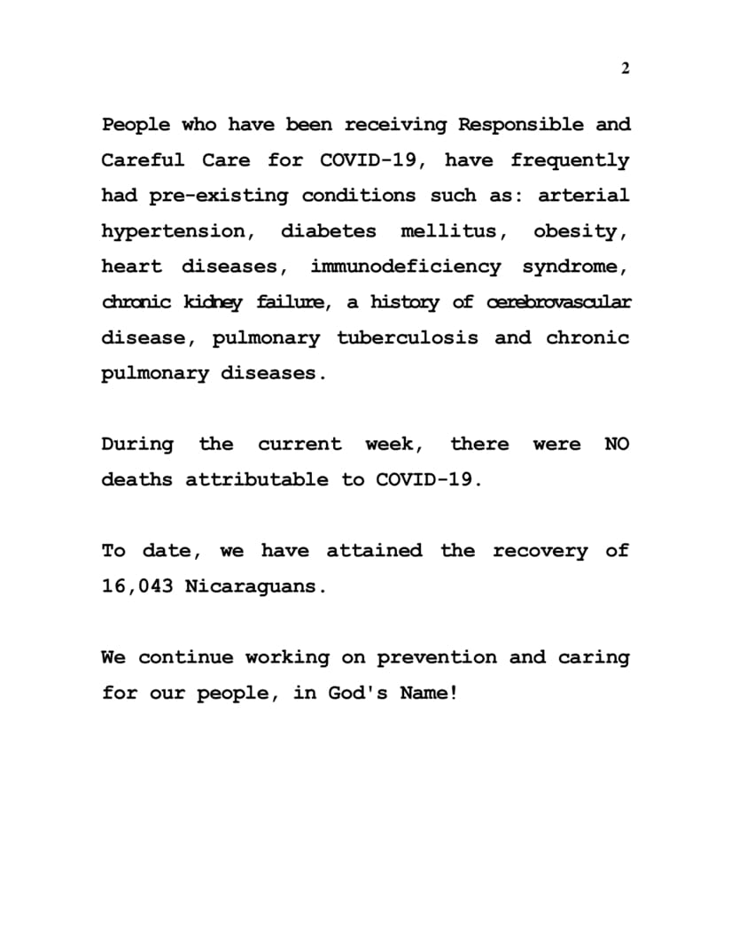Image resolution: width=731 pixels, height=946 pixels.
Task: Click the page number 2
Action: click(x=625, y=69)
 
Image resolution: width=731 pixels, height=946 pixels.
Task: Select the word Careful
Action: click(x=143, y=160)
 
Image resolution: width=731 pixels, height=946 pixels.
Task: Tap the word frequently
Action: click(x=570, y=161)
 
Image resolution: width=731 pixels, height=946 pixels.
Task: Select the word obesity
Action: click(x=580, y=232)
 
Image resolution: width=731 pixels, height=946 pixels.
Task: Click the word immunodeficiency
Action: click(x=405, y=267)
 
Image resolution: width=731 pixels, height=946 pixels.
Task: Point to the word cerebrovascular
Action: click(x=559, y=302)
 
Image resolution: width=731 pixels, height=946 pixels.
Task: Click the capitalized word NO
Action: click(x=617, y=444)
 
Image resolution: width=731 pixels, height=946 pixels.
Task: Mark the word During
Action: click(x=136, y=444)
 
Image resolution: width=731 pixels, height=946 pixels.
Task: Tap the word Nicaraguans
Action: click(x=255, y=586)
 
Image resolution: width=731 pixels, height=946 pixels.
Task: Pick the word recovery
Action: click(x=540, y=551)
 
